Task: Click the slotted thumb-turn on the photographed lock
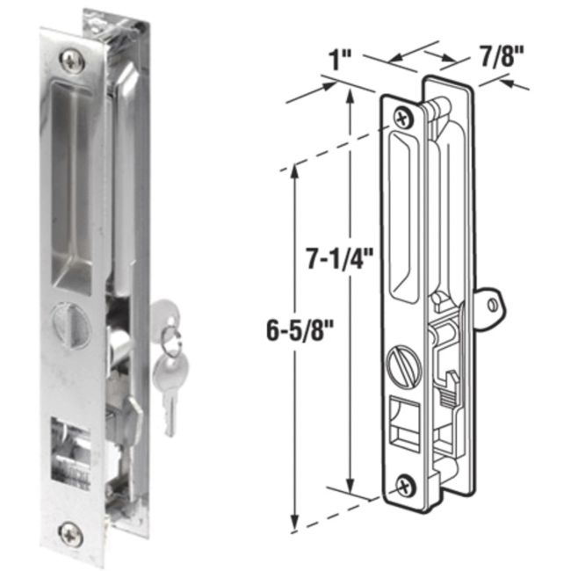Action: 73,320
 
